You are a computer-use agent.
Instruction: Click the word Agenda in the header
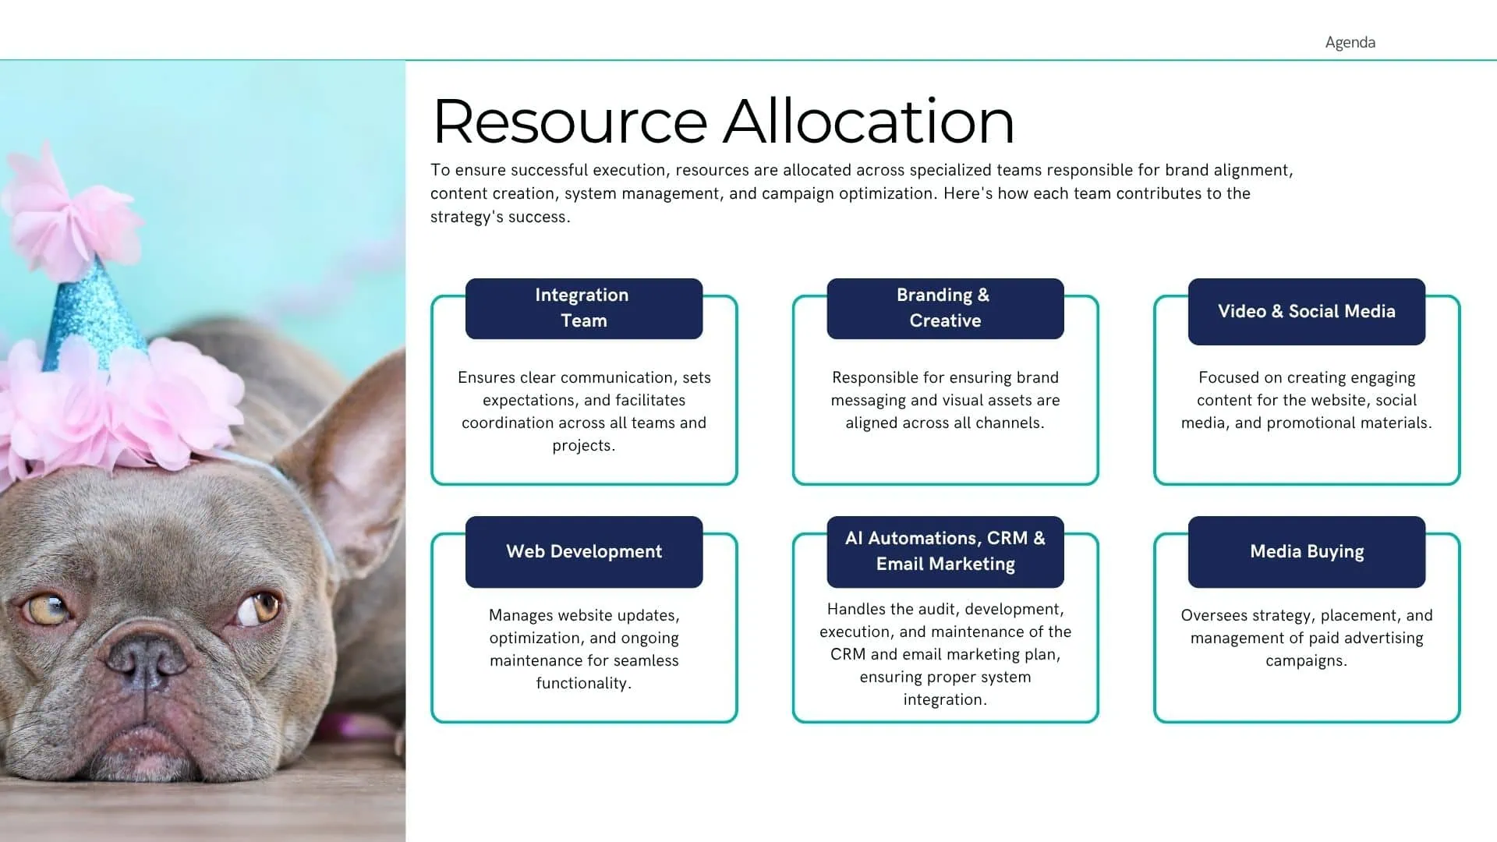click(1350, 42)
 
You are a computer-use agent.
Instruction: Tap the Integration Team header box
click(584, 309)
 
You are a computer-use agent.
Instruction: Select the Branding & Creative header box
click(945, 309)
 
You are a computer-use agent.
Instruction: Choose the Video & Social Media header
click(1307, 312)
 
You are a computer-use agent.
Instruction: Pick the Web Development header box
click(584, 552)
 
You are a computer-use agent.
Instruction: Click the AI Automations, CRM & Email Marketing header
click(945, 552)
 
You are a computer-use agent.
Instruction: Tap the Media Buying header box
click(1307, 552)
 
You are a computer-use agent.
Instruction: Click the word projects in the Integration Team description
click(582, 445)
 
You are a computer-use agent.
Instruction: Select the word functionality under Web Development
click(582, 683)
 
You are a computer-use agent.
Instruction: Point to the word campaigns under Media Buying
click(1305, 661)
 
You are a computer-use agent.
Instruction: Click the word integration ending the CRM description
click(943, 700)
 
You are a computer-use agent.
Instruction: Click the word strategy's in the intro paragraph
click(467, 218)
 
